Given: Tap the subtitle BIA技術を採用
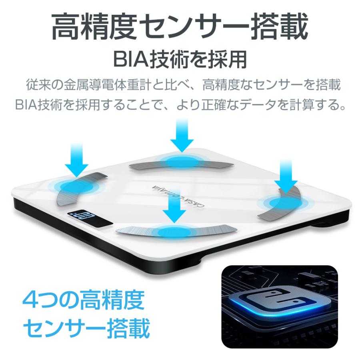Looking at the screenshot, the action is [180, 60].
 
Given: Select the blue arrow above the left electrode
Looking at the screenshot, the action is [76, 160].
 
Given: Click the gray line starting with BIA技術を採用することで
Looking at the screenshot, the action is [180, 105].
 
